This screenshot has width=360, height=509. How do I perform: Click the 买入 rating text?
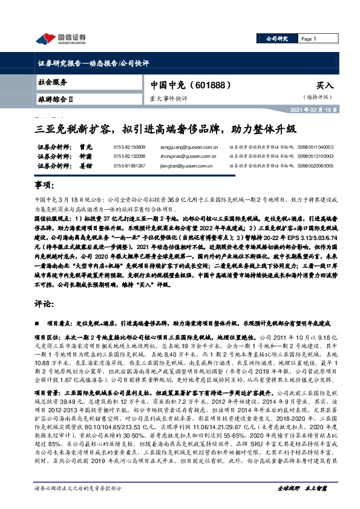(x=324, y=86)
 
